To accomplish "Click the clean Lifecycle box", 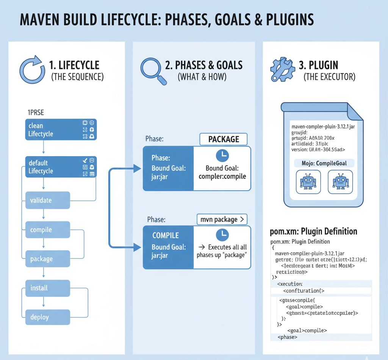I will click(x=61, y=130).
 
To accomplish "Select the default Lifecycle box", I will click(x=61, y=167).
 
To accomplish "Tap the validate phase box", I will click(x=48, y=200).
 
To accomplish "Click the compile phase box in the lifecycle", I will click(x=48, y=230).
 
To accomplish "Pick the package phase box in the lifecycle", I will click(x=48, y=259).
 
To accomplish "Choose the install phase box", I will click(x=48, y=288).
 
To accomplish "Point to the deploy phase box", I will click(x=48, y=317).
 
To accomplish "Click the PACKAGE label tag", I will click(x=224, y=139).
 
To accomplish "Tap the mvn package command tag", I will click(x=222, y=219).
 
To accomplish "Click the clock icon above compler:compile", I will click(x=222, y=155).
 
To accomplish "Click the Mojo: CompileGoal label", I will click(x=324, y=163).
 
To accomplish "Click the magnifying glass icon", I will click(x=153, y=70).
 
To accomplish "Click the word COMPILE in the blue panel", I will click(x=165, y=236).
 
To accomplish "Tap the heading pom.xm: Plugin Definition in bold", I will click(x=313, y=231).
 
